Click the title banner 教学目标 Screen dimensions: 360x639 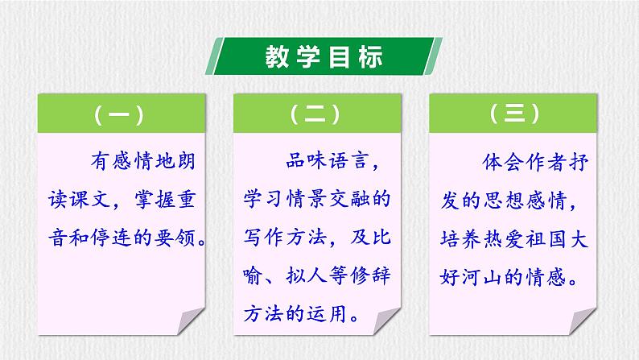tap(319, 59)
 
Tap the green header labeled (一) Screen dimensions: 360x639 tap(120, 115)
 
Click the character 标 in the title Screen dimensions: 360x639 tap(367, 59)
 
